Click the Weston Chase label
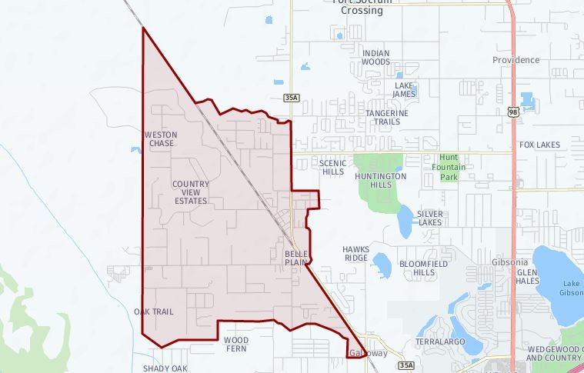pyautogui.click(x=161, y=139)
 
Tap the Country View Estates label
pyautogui.click(x=190, y=192)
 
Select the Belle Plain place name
pyautogui.click(x=296, y=258)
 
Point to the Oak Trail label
pyautogui.click(x=154, y=312)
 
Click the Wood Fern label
pyautogui.click(x=235, y=344)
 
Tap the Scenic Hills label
pyautogui.click(x=332, y=168)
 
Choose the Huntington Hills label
pyautogui.click(x=381, y=181)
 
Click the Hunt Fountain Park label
pyautogui.click(x=449, y=167)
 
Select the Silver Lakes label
pyautogui.click(x=430, y=218)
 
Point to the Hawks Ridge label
pyautogui.click(x=355, y=254)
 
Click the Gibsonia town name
pyautogui.click(x=509, y=262)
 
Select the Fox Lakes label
pyautogui.click(x=539, y=145)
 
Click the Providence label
pyautogui.click(x=516, y=60)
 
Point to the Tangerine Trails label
pyautogui.click(x=387, y=117)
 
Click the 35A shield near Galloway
pyautogui.click(x=405, y=365)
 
